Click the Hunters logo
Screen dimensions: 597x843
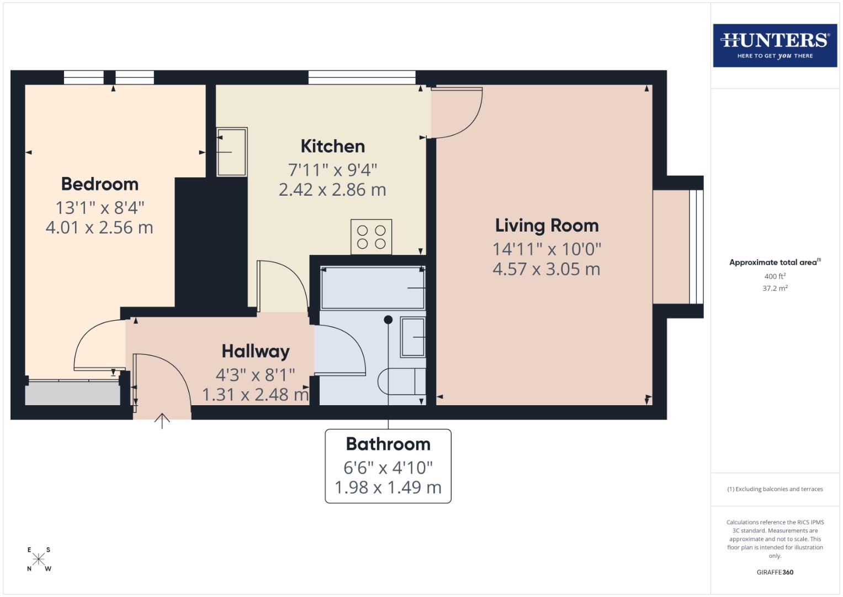[x=775, y=45]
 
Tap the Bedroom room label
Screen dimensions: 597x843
[x=99, y=184]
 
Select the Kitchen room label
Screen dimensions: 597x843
[x=332, y=146]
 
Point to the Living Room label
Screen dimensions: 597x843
[x=547, y=226]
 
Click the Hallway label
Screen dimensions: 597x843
[x=256, y=352]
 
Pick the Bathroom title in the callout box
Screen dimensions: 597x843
[x=388, y=444]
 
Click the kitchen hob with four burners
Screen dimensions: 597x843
[x=371, y=237]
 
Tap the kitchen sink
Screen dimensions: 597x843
[x=232, y=152]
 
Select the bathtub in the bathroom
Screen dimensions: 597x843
[x=373, y=288]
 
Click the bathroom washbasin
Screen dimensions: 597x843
[x=412, y=337]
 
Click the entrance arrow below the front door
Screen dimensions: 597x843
[x=162, y=421]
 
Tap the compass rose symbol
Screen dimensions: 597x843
[x=39, y=559]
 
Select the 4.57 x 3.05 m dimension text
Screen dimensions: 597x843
[x=546, y=269]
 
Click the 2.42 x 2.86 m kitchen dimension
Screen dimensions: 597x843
[x=332, y=190]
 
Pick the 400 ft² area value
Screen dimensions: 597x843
[x=775, y=276]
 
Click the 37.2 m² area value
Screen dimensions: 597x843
[x=775, y=288]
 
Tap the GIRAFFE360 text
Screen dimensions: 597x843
[x=775, y=572]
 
